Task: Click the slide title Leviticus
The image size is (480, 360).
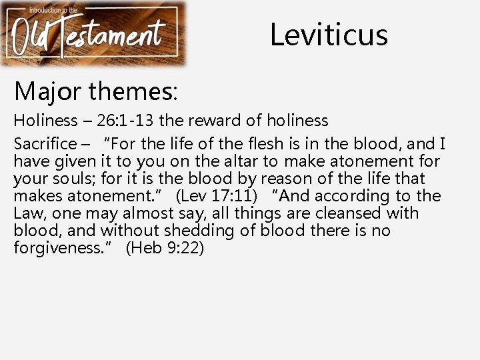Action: (x=329, y=34)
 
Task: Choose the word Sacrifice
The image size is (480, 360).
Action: (x=45, y=143)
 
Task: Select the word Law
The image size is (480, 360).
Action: (x=28, y=213)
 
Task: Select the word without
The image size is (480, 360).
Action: (x=133, y=231)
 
